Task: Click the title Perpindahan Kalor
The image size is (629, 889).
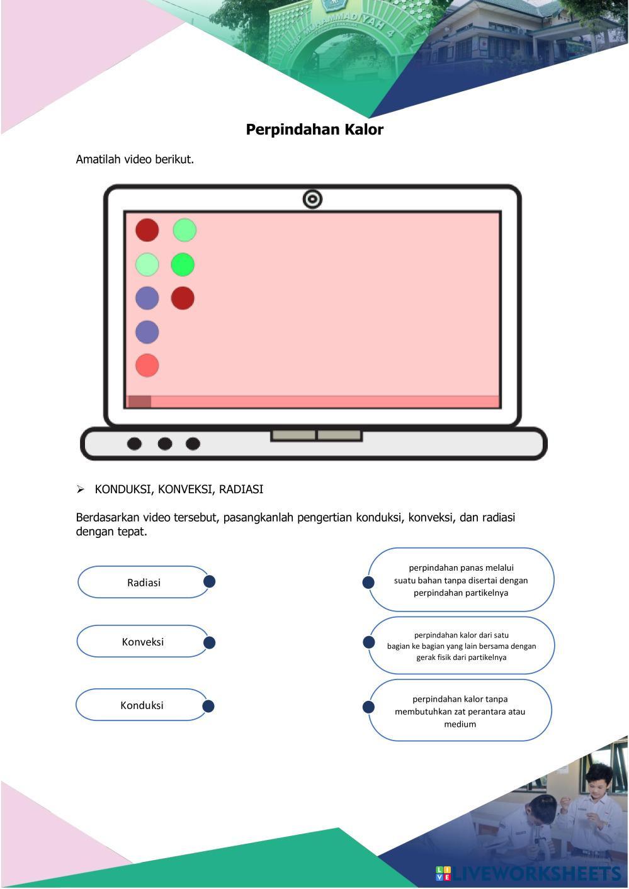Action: click(x=314, y=130)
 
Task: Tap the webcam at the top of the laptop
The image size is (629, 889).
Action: click(x=312, y=199)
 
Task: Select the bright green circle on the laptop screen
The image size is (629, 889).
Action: click(x=183, y=265)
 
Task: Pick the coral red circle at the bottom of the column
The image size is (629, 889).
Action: click(x=147, y=366)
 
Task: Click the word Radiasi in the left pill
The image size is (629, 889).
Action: click(x=144, y=583)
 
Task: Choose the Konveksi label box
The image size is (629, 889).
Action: click(x=142, y=642)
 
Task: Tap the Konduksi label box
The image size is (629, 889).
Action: click(x=142, y=705)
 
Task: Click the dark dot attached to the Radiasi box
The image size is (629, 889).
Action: click(x=210, y=581)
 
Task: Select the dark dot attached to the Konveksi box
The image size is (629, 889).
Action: click(x=210, y=642)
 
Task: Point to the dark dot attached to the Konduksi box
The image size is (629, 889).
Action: click(x=208, y=706)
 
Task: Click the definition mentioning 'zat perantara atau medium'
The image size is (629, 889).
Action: click(x=460, y=712)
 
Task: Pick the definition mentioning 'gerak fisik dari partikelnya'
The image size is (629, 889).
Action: click(x=462, y=646)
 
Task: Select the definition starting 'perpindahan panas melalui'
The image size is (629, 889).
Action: click(x=461, y=580)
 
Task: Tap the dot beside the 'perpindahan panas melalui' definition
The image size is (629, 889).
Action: click(x=368, y=583)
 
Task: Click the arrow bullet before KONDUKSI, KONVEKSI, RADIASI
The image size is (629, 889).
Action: click(x=81, y=489)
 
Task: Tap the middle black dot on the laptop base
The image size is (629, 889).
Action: click(x=165, y=444)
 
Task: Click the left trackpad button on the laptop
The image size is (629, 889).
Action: click(x=293, y=435)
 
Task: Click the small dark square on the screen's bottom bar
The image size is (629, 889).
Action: click(x=139, y=402)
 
